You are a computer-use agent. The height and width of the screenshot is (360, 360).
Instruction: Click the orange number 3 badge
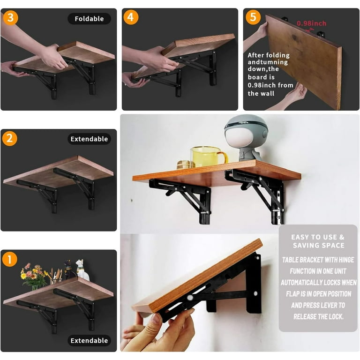click(10, 17)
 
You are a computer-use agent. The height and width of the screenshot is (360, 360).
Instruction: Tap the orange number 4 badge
click(131, 17)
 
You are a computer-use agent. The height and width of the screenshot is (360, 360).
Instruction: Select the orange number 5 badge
click(253, 17)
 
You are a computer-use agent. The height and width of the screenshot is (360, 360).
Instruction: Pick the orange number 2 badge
click(10, 138)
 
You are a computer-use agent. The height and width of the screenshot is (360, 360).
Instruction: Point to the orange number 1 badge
click(10, 259)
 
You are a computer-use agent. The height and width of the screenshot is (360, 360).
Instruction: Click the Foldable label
click(90, 19)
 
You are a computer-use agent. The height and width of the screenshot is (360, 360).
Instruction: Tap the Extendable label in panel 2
click(90, 139)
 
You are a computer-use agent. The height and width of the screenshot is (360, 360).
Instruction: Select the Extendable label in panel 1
click(90, 340)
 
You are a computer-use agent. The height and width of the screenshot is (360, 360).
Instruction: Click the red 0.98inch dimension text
click(311, 23)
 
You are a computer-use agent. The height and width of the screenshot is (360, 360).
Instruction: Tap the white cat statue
click(82, 270)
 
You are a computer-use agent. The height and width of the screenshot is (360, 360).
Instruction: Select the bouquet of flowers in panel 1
click(33, 276)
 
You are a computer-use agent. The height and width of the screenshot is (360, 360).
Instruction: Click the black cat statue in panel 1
click(68, 270)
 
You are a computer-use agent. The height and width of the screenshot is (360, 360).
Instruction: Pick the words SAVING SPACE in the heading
click(318, 246)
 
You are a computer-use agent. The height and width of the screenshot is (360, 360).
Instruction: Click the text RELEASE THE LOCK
click(318, 317)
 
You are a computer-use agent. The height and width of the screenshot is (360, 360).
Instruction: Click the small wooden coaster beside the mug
click(186, 165)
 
